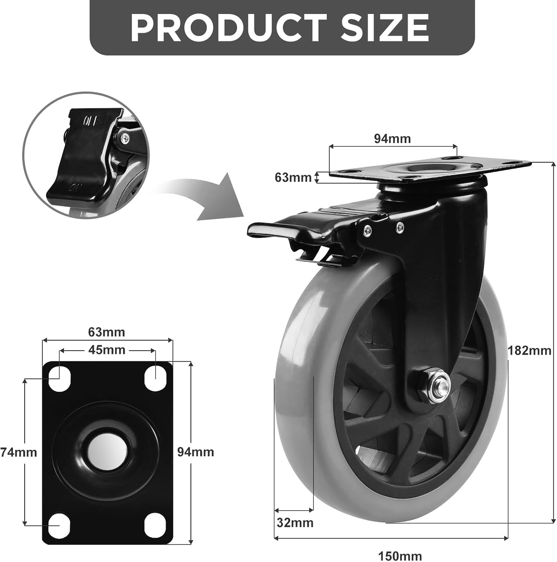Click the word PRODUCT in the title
(229, 28)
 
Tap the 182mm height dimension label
(529, 351)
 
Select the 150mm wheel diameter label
(400, 555)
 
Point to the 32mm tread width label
(295, 523)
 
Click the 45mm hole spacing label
(107, 350)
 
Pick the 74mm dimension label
(19, 452)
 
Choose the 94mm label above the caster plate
(392, 138)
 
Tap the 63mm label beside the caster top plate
(293, 177)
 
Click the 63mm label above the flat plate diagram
(106, 332)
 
